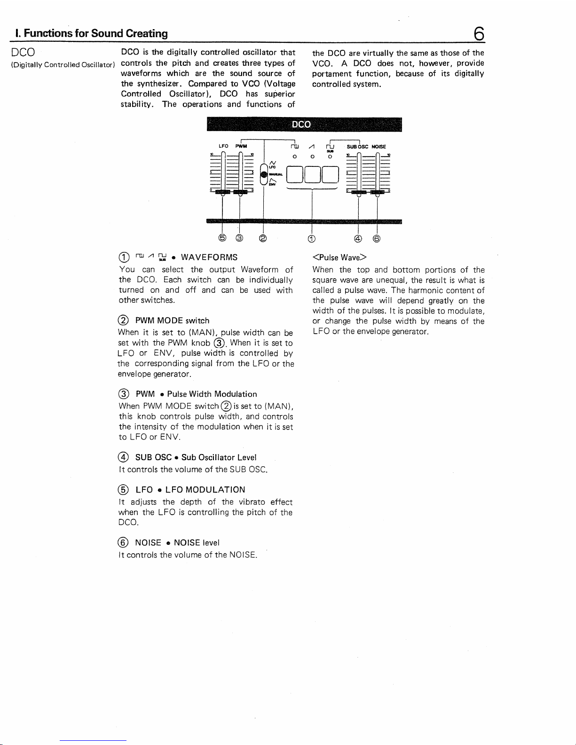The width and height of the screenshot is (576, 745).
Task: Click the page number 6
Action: click(x=479, y=33)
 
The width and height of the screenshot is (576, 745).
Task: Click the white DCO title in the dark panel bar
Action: click(x=301, y=124)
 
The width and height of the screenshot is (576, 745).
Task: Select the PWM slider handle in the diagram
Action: click(x=240, y=192)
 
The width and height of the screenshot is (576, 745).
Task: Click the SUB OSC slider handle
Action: click(x=359, y=192)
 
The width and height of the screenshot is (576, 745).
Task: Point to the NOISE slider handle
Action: click(x=377, y=192)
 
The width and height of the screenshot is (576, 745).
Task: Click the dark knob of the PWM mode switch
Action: click(x=264, y=174)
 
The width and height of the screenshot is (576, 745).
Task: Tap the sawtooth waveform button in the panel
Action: click(x=312, y=174)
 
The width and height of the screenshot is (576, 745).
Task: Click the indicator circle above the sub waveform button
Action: click(x=330, y=157)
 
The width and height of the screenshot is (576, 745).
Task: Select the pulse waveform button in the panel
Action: click(x=295, y=174)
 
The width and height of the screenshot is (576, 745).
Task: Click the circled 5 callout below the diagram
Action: click(x=222, y=237)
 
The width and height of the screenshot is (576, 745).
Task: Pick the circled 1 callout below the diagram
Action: click(x=311, y=239)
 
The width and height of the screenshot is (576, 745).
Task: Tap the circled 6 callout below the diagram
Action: click(x=377, y=238)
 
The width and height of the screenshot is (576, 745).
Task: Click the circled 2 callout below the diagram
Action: click(x=263, y=238)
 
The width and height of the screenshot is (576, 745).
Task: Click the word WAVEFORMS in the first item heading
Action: click(x=209, y=257)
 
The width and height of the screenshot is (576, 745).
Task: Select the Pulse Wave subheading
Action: click(x=339, y=258)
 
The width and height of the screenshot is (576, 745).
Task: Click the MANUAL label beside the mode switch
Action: click(x=276, y=174)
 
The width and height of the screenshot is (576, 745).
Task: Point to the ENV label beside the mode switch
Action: click(x=272, y=184)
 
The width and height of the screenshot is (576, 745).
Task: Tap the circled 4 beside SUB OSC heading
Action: click(x=123, y=457)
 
